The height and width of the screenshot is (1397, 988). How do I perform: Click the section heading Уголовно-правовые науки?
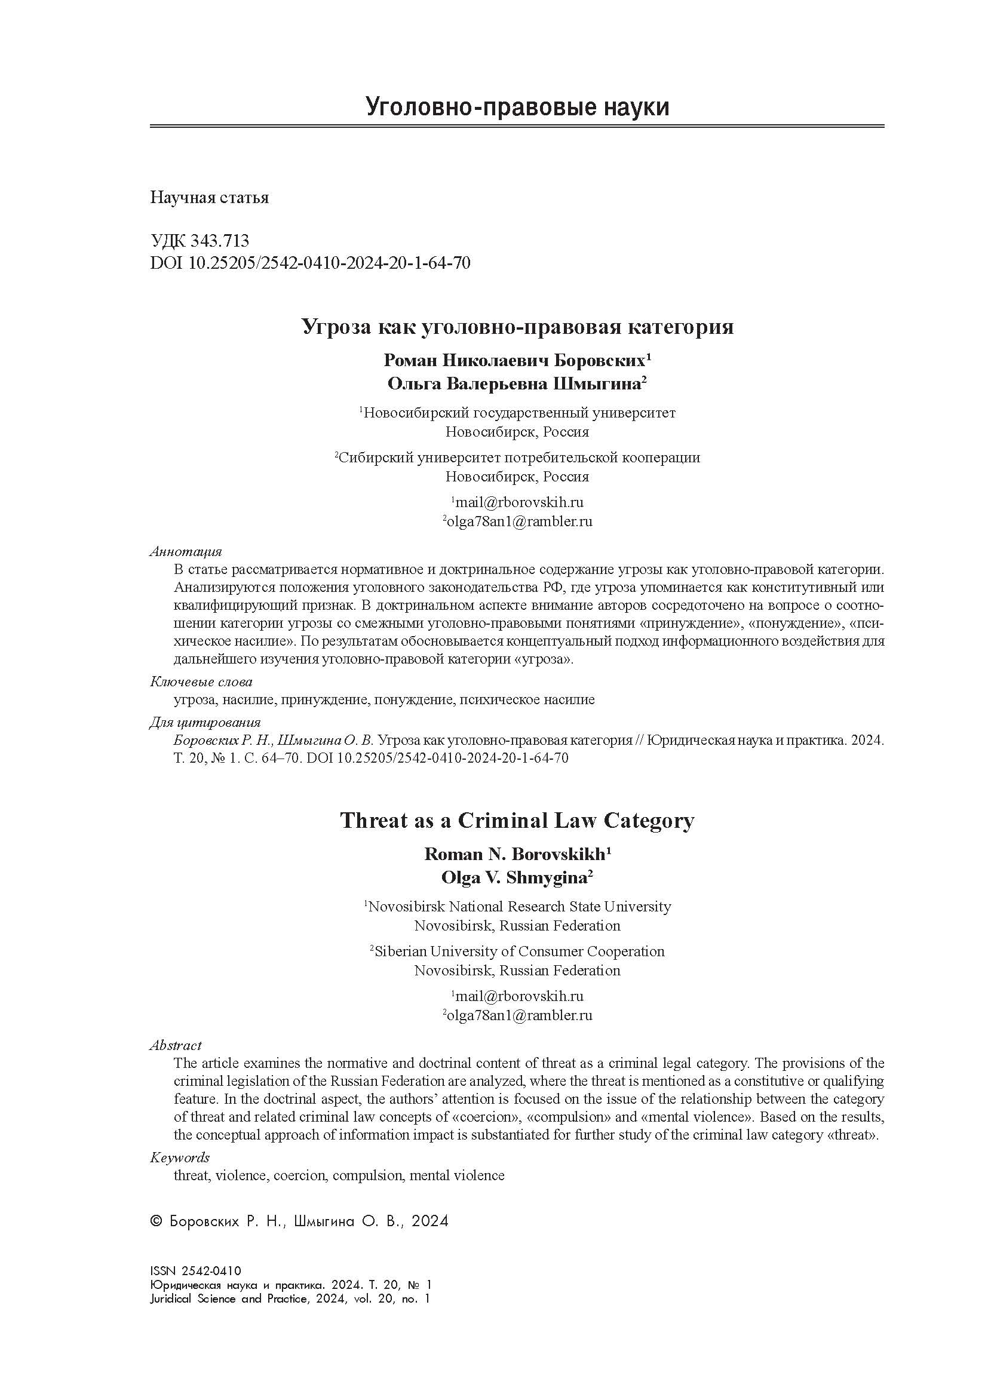point(517,107)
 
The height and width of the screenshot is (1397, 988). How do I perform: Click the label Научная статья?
point(209,198)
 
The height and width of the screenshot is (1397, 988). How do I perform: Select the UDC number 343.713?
point(220,241)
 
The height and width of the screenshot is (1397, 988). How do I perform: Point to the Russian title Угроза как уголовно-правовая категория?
point(518,327)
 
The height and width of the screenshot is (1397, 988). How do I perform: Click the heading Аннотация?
point(186,552)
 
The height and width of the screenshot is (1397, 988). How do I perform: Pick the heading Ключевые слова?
point(201,682)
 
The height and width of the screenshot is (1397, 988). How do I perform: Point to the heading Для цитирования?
point(205,723)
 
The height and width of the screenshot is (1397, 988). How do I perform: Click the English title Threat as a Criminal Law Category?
point(517,821)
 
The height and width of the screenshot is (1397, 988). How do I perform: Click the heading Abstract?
point(175,1045)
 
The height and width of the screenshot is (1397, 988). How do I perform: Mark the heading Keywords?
point(179,1157)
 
